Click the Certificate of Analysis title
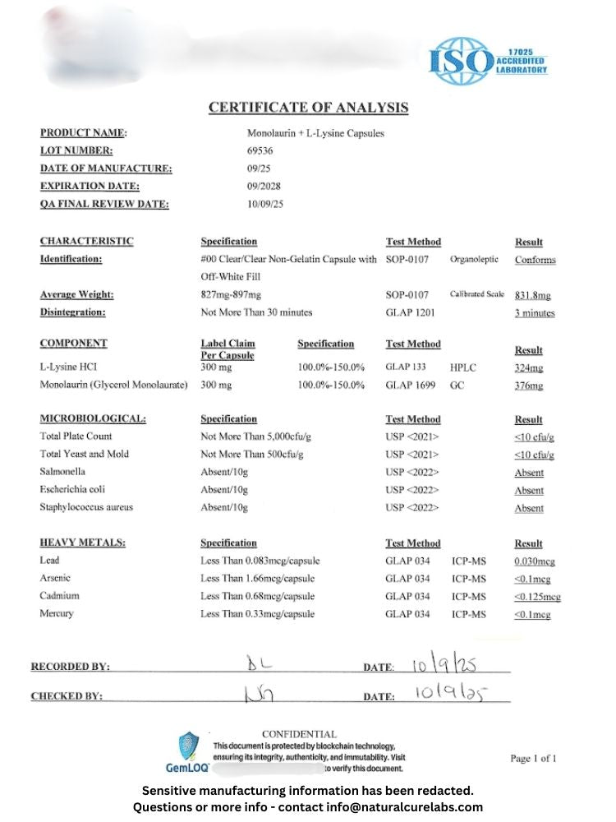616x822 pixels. [308, 108]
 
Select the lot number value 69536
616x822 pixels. [260, 150]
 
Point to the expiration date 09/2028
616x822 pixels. [264, 186]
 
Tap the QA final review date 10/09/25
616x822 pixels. [265, 204]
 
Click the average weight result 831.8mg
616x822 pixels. [533, 295]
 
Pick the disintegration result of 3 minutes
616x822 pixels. [535, 313]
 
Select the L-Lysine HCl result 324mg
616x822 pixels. [529, 368]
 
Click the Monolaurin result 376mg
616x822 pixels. [529, 386]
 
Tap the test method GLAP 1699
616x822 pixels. [411, 386]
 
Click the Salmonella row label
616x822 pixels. [62, 472]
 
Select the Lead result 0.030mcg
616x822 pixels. [535, 561]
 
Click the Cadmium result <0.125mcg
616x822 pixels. [537, 597]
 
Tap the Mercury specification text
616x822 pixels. [257, 614]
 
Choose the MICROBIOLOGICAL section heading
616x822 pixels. [93, 419]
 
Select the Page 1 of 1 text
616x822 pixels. [533, 759]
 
